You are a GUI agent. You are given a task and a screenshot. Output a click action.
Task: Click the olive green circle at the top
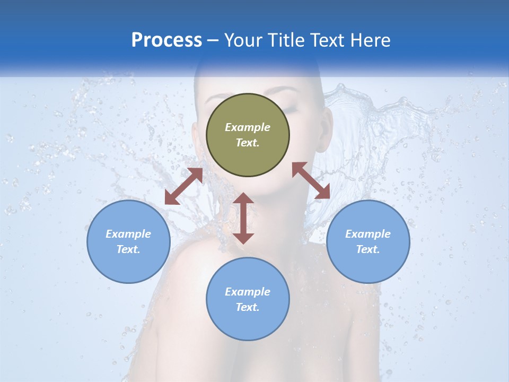[248, 135]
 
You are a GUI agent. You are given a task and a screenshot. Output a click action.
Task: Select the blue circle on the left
[128, 241]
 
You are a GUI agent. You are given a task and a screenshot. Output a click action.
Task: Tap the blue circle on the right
[368, 241]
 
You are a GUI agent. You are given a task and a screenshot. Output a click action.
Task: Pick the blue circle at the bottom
[248, 299]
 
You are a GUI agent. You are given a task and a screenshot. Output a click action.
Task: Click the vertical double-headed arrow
[243, 218]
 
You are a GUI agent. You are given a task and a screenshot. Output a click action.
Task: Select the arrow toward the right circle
[311, 180]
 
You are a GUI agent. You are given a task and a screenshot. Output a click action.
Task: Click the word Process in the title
[166, 40]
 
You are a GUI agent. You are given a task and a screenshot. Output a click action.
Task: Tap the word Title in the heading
[288, 40]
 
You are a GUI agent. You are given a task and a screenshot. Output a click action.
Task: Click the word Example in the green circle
[248, 127]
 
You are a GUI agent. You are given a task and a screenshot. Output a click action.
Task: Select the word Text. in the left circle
[128, 249]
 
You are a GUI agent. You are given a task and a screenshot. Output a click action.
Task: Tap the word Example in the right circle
[368, 234]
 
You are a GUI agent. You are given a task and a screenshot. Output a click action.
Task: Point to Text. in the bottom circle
[248, 307]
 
